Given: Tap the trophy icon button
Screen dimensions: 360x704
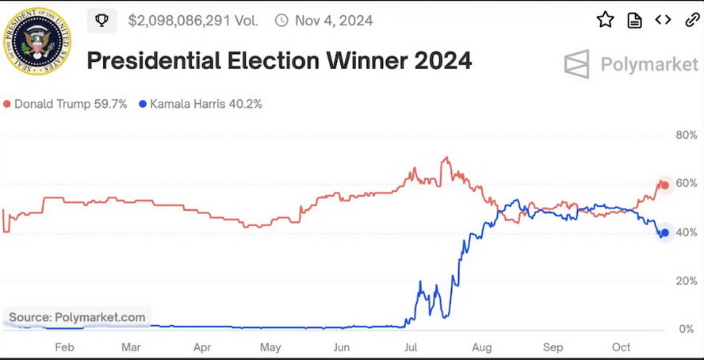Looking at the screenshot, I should click(x=101, y=21).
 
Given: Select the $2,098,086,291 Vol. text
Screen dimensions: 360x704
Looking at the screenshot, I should click(x=193, y=21).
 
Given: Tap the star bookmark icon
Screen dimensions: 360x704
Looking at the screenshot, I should click(x=605, y=21).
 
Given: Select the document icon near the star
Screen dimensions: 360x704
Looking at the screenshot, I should click(x=634, y=21).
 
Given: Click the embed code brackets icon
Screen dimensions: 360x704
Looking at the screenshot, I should click(x=663, y=21).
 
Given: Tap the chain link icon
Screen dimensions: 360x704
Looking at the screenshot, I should click(x=691, y=21).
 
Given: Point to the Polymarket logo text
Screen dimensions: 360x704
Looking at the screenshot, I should click(x=649, y=65).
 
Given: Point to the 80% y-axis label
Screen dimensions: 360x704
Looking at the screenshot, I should click(x=686, y=135).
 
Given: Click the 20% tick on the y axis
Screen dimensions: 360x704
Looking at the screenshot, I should click(x=686, y=281).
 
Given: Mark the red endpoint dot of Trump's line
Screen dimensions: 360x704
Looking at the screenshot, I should click(x=665, y=186).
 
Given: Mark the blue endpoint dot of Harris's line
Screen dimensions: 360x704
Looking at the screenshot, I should click(x=665, y=233).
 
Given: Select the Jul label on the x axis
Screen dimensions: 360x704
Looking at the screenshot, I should click(x=411, y=347).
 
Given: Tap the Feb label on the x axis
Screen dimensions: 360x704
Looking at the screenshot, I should click(x=64, y=347).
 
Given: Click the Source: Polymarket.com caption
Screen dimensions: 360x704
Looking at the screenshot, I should click(x=77, y=318).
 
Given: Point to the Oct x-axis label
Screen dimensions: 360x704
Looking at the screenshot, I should click(x=622, y=347).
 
